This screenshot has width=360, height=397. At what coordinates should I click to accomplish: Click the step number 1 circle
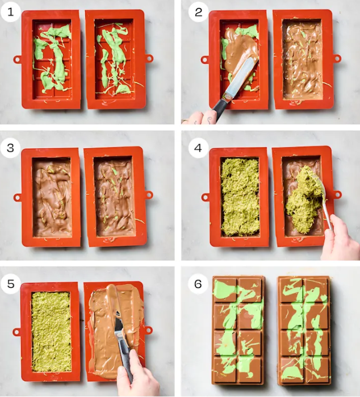[10, 12]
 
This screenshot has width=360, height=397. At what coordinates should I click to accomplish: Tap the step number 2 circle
[198, 12]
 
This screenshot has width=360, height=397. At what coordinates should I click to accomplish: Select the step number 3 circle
[10, 148]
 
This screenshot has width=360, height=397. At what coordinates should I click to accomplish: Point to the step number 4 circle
[198, 148]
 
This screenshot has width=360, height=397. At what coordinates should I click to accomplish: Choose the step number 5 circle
[10, 284]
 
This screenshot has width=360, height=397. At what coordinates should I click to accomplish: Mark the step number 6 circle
[198, 284]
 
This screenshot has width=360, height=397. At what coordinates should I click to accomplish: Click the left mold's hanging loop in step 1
[18, 60]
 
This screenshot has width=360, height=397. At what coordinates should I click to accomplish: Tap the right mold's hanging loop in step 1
[149, 58]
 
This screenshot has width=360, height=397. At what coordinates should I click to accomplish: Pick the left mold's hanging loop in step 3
[18, 197]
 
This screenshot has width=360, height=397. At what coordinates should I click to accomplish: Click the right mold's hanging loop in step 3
[149, 194]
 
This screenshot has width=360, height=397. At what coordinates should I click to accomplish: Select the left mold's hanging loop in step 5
[16, 332]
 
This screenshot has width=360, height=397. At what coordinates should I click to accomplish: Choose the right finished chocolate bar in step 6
[304, 331]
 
